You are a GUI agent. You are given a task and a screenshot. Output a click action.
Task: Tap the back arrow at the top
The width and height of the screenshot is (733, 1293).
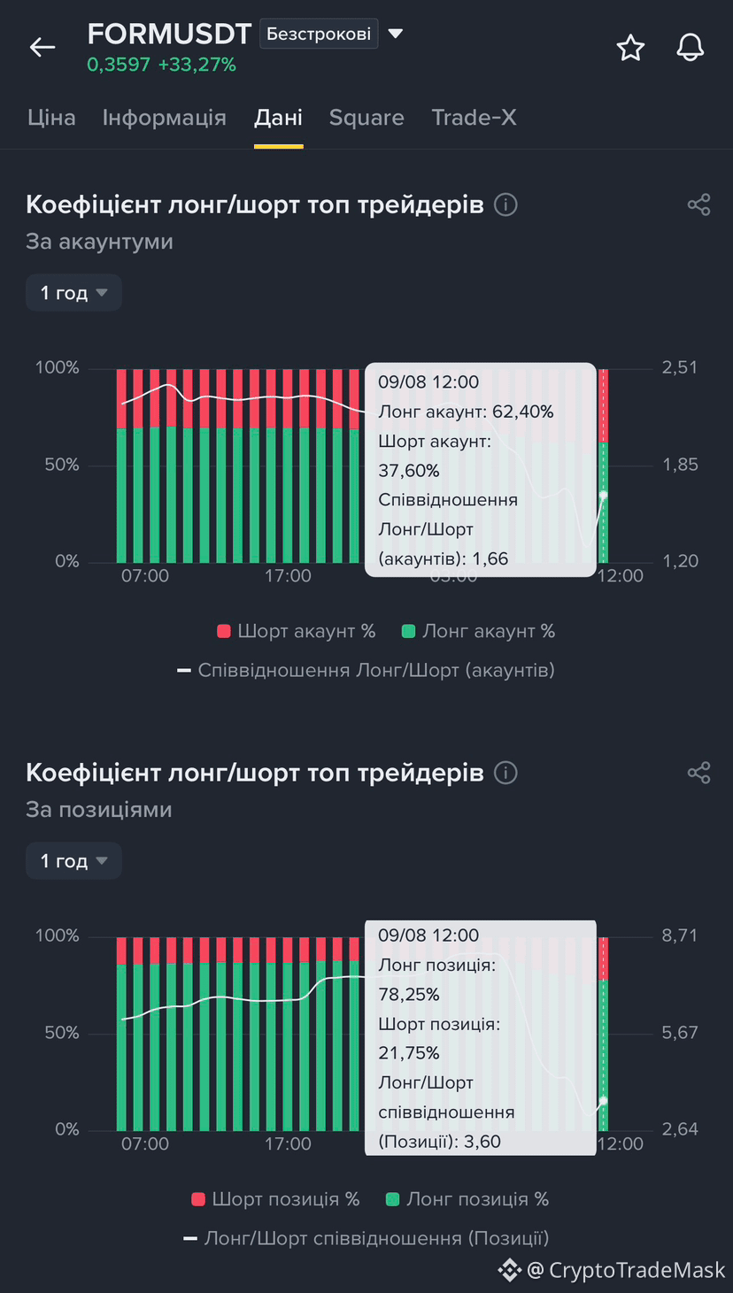coord(42,47)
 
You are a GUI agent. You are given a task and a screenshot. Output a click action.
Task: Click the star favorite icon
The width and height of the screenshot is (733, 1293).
coord(630,47)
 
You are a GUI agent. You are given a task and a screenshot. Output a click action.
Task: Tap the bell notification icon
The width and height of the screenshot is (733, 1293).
coord(691,47)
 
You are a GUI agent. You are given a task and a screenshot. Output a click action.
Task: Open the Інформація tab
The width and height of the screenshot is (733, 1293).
coord(164,118)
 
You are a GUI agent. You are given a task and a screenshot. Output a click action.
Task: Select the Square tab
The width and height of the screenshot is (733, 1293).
coord(366,119)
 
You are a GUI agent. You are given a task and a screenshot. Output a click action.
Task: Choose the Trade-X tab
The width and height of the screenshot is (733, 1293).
coord(474,118)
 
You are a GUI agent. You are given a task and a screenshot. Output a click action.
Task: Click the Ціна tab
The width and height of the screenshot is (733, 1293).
coord(51,119)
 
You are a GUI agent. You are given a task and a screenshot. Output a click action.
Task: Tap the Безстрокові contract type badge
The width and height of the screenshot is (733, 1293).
coord(319,34)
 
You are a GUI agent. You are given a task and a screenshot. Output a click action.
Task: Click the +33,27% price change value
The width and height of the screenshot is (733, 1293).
coord(197,65)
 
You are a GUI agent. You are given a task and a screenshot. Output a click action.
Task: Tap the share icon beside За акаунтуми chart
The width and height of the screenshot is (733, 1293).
coord(699,205)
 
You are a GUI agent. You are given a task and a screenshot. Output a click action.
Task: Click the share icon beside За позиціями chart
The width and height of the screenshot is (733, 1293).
coord(699,773)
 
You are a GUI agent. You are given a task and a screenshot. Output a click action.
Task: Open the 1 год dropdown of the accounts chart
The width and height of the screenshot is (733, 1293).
coord(73,293)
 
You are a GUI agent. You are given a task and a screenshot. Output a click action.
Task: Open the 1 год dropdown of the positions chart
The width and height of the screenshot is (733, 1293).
coord(73,860)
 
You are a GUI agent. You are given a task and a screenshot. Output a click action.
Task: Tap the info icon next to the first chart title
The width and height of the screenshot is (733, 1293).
coord(505,205)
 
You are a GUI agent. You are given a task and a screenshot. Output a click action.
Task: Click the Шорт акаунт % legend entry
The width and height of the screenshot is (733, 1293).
coord(297,632)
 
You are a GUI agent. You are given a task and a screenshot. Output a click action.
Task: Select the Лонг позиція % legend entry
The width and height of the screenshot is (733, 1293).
coord(467,1199)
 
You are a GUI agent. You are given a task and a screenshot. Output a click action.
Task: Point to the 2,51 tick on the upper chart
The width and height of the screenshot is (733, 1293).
coord(679,367)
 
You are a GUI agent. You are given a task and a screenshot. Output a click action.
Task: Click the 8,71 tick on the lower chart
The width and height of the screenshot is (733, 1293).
coord(679,935)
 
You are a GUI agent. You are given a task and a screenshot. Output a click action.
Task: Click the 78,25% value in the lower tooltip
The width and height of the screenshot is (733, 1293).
coord(409,995)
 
